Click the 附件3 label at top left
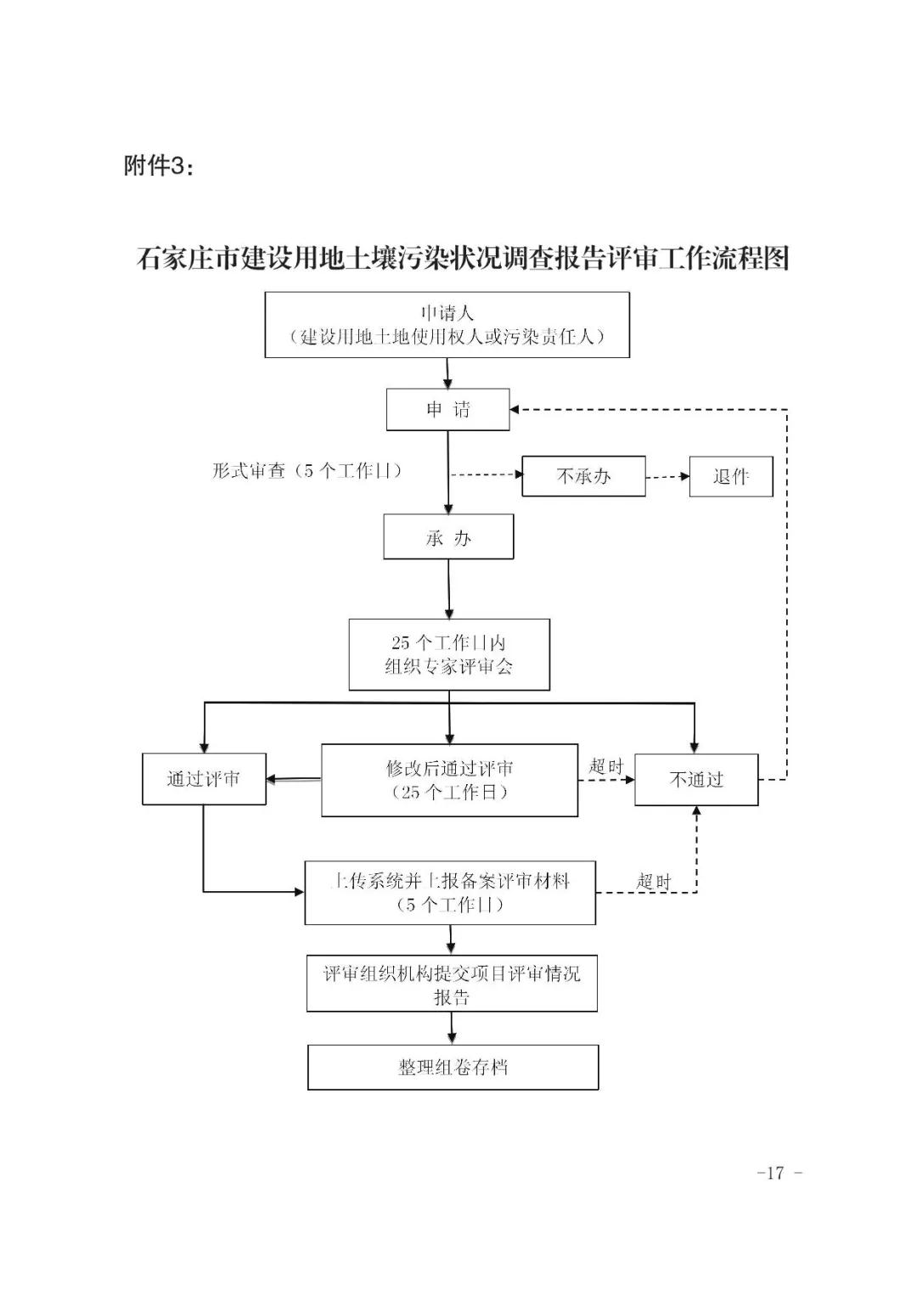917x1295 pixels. [x=159, y=166]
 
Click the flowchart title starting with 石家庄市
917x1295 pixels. [x=463, y=259]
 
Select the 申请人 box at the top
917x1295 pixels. [x=447, y=325]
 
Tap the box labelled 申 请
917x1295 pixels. [x=447, y=410]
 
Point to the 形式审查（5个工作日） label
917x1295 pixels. [x=307, y=471]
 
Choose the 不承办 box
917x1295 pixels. [x=583, y=476]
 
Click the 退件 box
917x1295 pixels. [x=730, y=476]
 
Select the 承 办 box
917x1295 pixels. [x=447, y=538]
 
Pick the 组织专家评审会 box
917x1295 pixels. [x=449, y=654]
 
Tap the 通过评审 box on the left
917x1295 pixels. [x=204, y=779]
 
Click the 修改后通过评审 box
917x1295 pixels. [x=449, y=780]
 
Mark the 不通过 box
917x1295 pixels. [x=696, y=779]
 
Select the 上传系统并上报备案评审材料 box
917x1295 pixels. [x=450, y=893]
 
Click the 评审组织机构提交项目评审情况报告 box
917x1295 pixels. [x=452, y=984]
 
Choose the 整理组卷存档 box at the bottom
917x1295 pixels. [x=453, y=1067]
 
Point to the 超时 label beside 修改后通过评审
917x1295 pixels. [x=605, y=766]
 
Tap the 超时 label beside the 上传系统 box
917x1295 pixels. [x=654, y=882]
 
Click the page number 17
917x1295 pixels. [x=774, y=1174]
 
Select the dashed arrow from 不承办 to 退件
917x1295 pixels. [x=667, y=477]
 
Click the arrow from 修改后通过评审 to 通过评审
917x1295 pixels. [x=294, y=779]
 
